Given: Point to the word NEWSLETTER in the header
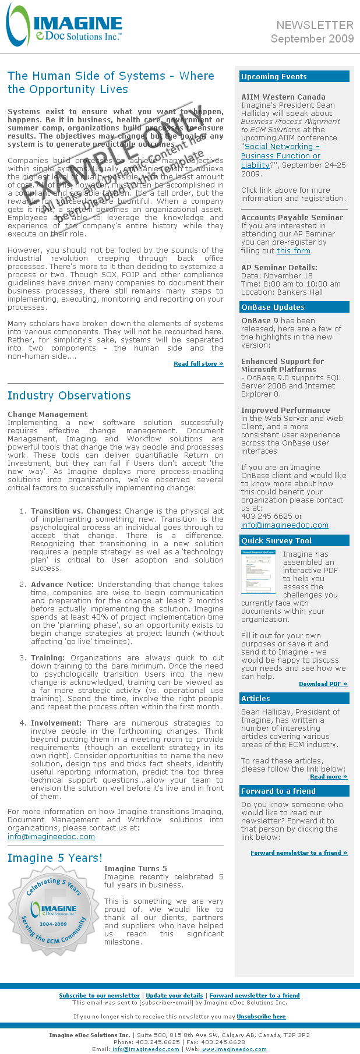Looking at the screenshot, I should [315, 25].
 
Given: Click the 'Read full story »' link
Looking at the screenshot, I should [198, 363].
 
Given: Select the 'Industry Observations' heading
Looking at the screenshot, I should [69, 395].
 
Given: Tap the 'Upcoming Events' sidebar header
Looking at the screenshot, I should [274, 77].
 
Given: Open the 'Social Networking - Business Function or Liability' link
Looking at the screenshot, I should [281, 155].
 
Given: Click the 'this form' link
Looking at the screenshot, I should [294, 250].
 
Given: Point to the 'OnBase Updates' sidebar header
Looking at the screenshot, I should [273, 307].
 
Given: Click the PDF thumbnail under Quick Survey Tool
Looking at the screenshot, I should [259, 571].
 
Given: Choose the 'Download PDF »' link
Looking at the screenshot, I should [323, 684].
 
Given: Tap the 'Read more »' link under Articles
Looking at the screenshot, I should [329, 776].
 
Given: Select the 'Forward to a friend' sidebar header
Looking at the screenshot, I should [278, 791].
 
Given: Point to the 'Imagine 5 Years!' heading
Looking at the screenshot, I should [55, 858].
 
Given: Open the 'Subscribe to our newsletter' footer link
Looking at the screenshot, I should [100, 995].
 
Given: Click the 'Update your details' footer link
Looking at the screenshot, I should [174, 995].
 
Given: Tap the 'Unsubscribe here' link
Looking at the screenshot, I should [261, 1016].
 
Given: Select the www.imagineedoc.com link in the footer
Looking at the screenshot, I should [234, 1049].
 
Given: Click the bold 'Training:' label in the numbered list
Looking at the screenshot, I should [48, 657].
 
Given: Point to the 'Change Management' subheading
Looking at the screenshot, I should [40, 415].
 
